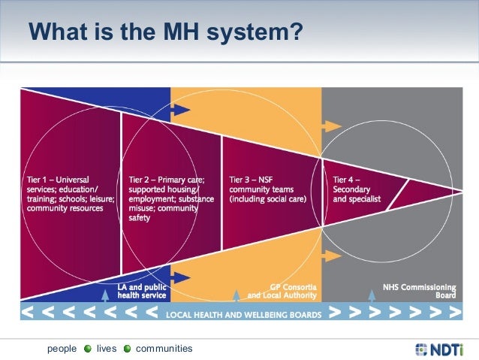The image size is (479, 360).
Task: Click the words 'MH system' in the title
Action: pos(245,32)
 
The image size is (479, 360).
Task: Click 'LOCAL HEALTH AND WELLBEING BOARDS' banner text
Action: pos(243,313)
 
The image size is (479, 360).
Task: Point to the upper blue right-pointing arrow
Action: pos(181,110)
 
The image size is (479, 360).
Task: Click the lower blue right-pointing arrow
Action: pos(181,269)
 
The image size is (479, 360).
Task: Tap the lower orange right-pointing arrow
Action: pos(331,256)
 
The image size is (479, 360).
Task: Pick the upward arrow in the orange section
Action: pos(236,295)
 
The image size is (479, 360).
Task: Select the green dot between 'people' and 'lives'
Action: pos(87,349)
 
